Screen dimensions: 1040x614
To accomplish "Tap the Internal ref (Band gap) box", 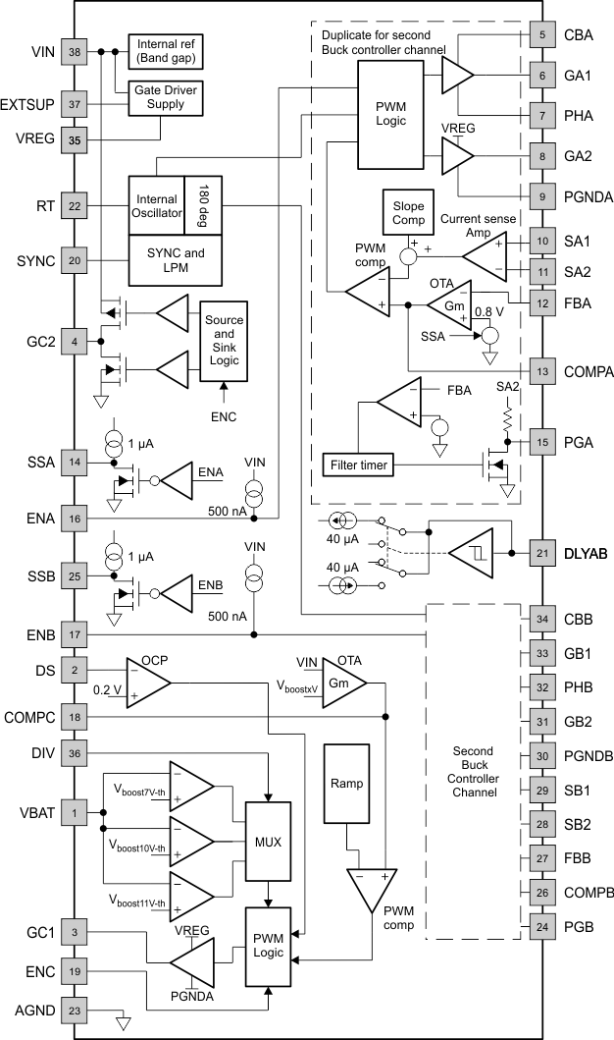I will coord(165,50).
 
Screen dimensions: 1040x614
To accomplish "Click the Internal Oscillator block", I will coord(156,206).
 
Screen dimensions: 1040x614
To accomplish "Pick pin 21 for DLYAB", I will coord(541,554).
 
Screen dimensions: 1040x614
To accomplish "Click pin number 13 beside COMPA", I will coord(541,372).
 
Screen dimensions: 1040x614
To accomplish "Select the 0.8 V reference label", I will coord(489,312).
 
